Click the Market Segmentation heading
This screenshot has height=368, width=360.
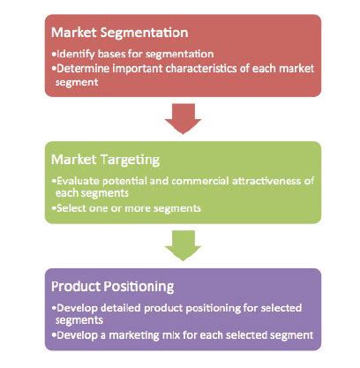(118, 33)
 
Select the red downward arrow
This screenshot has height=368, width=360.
(184, 117)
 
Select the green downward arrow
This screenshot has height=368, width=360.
(184, 244)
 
